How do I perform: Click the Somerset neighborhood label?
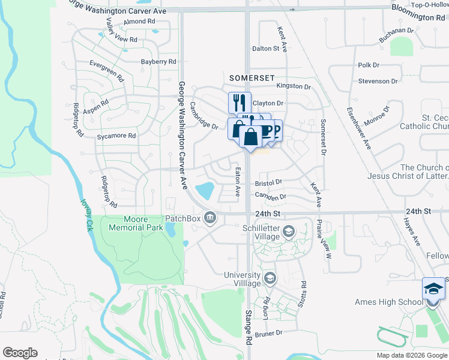click(x=252, y=78)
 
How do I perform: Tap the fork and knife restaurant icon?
click(x=238, y=102)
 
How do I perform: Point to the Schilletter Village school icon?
click(x=289, y=232)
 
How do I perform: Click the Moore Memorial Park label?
click(x=127, y=223)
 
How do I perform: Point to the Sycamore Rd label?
click(x=116, y=136)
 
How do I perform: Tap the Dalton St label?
click(x=266, y=49)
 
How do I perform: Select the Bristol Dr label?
click(x=268, y=182)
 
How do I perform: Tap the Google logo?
click(x=20, y=353)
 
